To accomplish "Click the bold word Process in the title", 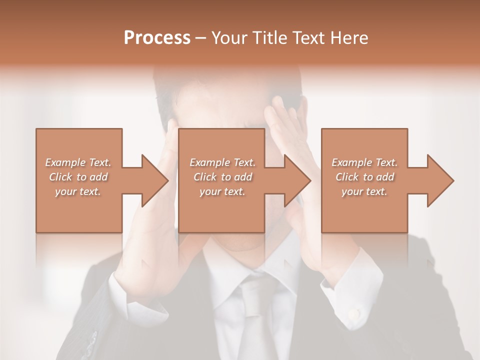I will pyautogui.click(x=157, y=38).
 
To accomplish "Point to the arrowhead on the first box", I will pyautogui.click(x=155, y=180).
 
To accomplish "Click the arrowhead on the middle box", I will pyautogui.click(x=297, y=180).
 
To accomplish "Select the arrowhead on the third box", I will pyautogui.click(x=440, y=180).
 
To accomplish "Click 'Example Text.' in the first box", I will pyautogui.click(x=78, y=162).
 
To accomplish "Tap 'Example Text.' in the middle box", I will pyautogui.click(x=222, y=162).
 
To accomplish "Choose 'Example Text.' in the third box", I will pyautogui.click(x=364, y=162).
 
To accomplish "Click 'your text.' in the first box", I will pyautogui.click(x=78, y=191).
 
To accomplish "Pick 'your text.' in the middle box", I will pyautogui.click(x=222, y=191).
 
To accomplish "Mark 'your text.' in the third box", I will pyautogui.click(x=364, y=191).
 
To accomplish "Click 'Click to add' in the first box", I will pyautogui.click(x=78, y=177).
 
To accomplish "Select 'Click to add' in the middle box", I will pyautogui.click(x=222, y=177).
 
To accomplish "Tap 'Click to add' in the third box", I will pyautogui.click(x=364, y=177).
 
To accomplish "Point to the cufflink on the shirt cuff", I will pyautogui.click(x=354, y=313).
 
